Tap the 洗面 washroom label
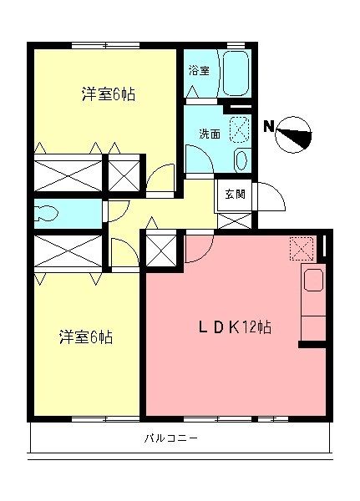pyautogui.click(x=210, y=133)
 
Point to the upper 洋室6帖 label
pyautogui.click(x=109, y=94)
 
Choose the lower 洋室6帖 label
pyautogui.click(x=86, y=337)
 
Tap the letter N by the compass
pyautogui.click(x=269, y=126)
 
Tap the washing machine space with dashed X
pyautogui.click(x=239, y=129)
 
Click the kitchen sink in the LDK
pyautogui.click(x=314, y=281)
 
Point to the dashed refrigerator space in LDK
pyautogui.click(x=300, y=248)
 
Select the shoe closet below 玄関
pyautogui.click(x=233, y=220)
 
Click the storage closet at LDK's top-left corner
pyautogui.click(x=161, y=250)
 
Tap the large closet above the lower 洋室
pyautogui.click(x=68, y=250)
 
